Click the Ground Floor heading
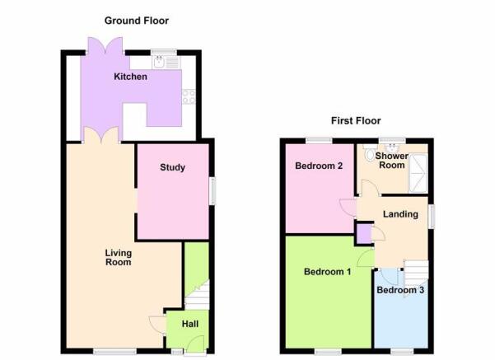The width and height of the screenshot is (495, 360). [x=137, y=21]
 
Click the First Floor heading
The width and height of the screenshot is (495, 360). [x=356, y=120]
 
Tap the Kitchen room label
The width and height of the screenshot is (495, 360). [x=130, y=77]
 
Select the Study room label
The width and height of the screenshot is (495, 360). [x=172, y=167]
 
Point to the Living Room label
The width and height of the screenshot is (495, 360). [x=119, y=257]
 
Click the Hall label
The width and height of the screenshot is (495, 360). [x=190, y=324]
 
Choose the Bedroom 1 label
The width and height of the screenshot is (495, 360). [x=327, y=272]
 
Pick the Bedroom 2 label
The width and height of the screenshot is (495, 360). [x=319, y=166]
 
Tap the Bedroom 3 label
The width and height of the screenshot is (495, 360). [x=400, y=290]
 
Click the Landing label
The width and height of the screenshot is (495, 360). [x=400, y=214]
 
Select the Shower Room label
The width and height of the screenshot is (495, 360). [x=392, y=161]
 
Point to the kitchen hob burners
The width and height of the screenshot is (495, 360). [x=189, y=96]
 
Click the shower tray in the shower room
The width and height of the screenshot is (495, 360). [x=418, y=173]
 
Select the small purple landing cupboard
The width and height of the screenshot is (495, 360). [x=364, y=234]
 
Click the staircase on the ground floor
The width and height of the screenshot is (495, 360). [x=198, y=294]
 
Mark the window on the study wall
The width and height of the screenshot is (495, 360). [x=213, y=191]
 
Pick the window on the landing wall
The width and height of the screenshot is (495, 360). [x=432, y=217]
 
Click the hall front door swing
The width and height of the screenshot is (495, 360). [x=195, y=344]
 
